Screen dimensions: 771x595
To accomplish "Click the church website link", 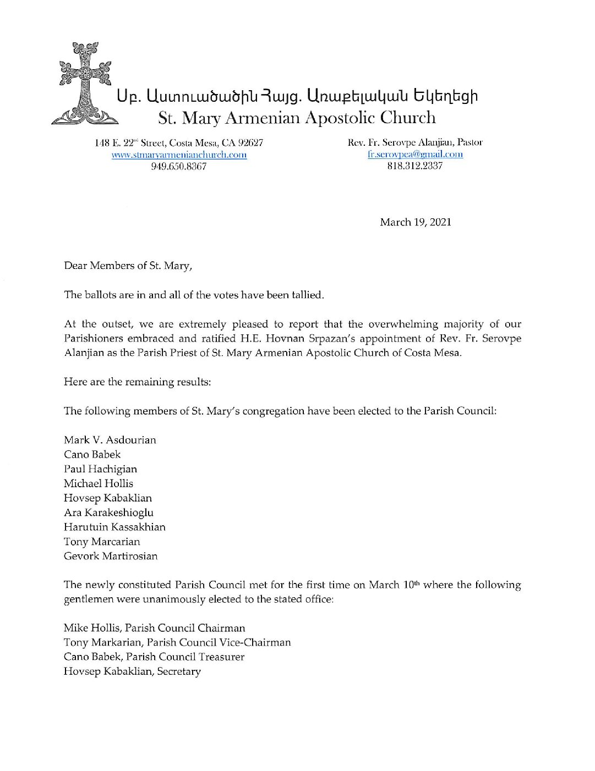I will click(x=179, y=155).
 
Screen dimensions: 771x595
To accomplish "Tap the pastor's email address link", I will click(x=415, y=154).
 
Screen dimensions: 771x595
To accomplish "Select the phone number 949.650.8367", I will click(x=179, y=166).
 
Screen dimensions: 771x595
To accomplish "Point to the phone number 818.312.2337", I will click(x=415, y=166).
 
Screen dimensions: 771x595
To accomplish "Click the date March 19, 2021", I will click(x=415, y=222).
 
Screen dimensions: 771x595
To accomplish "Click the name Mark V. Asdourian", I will click(x=110, y=440).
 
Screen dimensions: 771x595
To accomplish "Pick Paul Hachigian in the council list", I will click(x=101, y=469).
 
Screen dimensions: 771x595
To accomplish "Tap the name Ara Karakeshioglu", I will click(x=108, y=513).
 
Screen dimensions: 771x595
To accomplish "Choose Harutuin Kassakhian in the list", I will click(x=114, y=527).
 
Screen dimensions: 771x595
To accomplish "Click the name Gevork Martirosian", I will click(x=111, y=556).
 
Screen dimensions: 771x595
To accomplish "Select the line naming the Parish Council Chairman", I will click(x=155, y=628).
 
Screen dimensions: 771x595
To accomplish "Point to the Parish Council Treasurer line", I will click(x=154, y=657).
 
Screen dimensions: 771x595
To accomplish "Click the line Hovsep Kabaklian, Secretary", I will click(x=132, y=671).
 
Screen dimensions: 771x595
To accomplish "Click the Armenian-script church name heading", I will click(x=297, y=96).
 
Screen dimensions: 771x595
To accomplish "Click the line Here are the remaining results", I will click(x=137, y=382).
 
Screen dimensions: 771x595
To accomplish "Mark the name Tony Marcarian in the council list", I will click(x=102, y=542).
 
